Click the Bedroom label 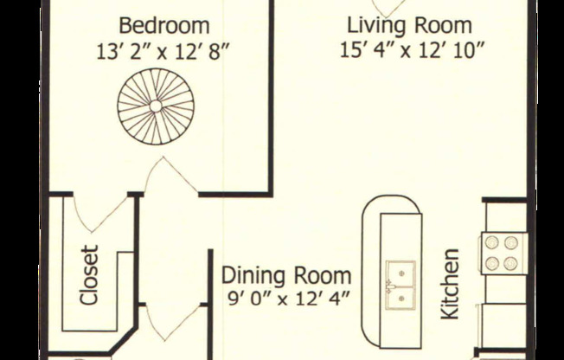click(164, 26)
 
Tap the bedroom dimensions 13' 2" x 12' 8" click(163, 53)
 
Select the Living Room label click(409, 26)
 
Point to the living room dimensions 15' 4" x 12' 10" click(413, 50)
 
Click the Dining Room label click(286, 275)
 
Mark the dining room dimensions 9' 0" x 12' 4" click(289, 299)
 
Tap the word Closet click(89, 275)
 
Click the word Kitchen click(450, 284)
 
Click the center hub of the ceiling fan click(156, 106)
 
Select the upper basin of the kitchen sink click(401, 273)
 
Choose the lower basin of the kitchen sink click(401, 298)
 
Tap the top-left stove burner click(491, 242)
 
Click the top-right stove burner click(510, 242)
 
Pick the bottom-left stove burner click(491, 264)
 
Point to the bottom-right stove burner click(510, 264)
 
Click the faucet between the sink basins click(389, 286)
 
